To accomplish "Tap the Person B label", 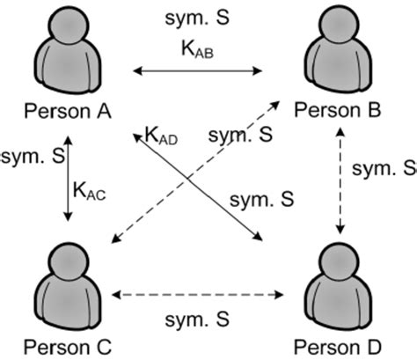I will tap(337, 111).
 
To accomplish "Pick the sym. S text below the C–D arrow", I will tap(201, 316).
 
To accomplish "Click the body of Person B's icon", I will tap(338, 70).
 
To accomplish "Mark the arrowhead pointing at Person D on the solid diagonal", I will tap(260, 237).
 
